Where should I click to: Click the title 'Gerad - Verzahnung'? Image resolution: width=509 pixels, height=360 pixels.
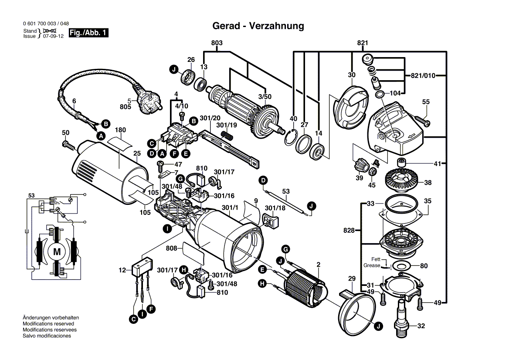[x=258, y=26]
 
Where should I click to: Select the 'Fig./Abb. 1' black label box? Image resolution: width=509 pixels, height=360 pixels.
[x=89, y=33]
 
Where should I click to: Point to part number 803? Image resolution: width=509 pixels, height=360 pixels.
[x=217, y=43]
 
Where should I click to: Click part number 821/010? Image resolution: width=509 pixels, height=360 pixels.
[x=423, y=75]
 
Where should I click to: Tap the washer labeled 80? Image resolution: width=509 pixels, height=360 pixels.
[x=401, y=265]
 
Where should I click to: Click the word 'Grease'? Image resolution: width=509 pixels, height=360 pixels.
[x=372, y=265]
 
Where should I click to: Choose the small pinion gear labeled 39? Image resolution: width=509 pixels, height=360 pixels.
[x=359, y=166]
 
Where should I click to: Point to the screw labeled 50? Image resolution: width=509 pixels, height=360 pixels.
[x=68, y=144]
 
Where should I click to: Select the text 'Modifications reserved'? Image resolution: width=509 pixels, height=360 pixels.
[x=48, y=324]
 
